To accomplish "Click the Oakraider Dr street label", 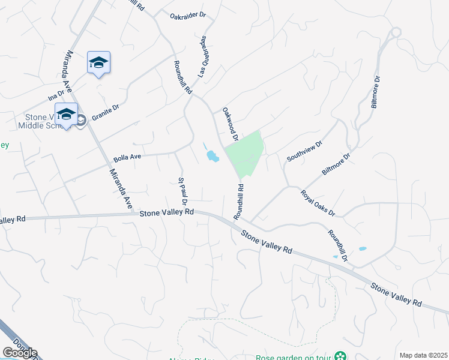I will [188, 16].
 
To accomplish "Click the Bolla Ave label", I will [127, 158].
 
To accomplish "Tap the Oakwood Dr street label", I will [231, 124].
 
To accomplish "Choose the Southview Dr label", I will [304, 151].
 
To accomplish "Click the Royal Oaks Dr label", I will [318, 203].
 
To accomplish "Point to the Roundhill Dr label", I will [338, 245].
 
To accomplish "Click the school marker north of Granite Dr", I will [98, 62].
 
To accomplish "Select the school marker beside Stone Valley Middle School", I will [66, 114].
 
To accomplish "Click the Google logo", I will [20, 353].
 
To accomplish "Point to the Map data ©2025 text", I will [423, 355].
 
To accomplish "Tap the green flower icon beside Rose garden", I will [340, 356].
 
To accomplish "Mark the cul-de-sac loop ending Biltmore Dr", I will [395, 32].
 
